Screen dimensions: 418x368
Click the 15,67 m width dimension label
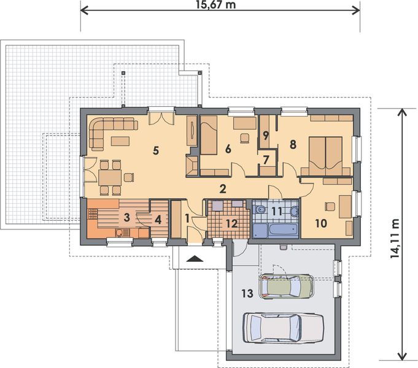216,4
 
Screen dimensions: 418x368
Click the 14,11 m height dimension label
395,238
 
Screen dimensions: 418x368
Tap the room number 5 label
156,150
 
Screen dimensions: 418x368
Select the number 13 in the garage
247,293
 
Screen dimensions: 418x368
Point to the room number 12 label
231,224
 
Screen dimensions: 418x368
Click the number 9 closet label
265,136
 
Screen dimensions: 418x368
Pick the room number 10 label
321,223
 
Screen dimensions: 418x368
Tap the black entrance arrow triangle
195,258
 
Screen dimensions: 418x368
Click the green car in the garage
287,286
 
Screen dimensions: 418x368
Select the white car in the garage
284,328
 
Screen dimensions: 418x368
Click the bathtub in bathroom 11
275,230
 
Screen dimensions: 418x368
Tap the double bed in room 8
325,156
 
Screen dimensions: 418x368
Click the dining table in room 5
110,178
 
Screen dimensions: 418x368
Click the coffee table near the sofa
120,141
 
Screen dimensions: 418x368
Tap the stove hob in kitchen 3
93,213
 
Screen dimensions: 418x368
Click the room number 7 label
266,159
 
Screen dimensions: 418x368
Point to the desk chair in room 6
245,139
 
